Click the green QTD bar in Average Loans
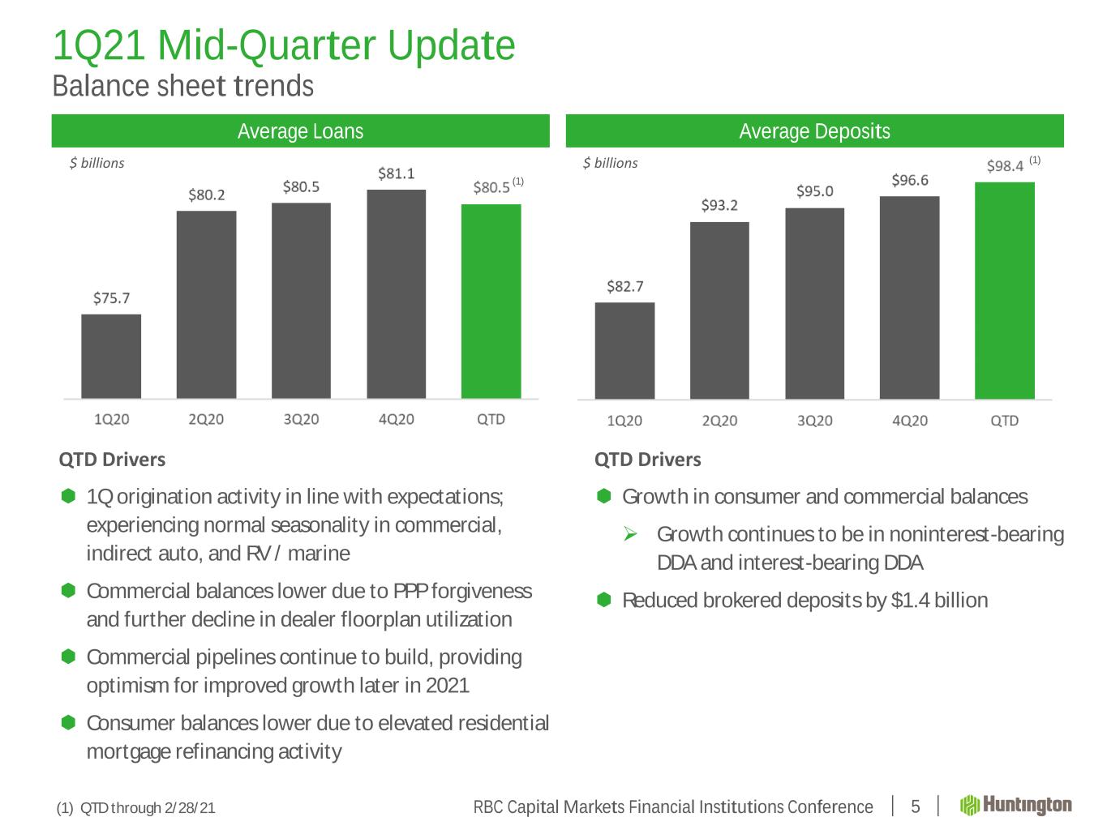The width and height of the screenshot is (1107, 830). [x=491, y=301]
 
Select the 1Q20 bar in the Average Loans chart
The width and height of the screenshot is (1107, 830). [x=111, y=356]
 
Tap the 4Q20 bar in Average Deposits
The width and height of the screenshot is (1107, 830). [x=909, y=297]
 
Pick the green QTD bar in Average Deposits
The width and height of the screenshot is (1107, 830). [x=1005, y=290]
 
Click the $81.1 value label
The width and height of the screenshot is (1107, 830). [x=397, y=173]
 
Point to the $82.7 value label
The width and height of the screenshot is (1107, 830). [x=624, y=286]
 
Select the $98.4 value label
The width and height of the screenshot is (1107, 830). [x=1005, y=166]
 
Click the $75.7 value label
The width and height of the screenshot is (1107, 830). [x=111, y=297]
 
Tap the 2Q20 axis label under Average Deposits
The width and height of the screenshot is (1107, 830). [x=719, y=421]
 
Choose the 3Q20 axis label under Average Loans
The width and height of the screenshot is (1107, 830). [x=301, y=419]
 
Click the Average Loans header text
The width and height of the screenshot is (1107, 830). [x=301, y=131]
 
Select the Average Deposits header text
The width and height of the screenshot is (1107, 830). [x=814, y=131]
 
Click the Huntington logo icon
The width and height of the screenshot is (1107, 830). [x=969, y=805]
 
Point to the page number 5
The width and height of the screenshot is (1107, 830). [x=916, y=806]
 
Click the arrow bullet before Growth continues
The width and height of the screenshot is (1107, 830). [x=630, y=533]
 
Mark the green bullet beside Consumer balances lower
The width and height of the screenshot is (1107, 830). [x=68, y=722]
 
